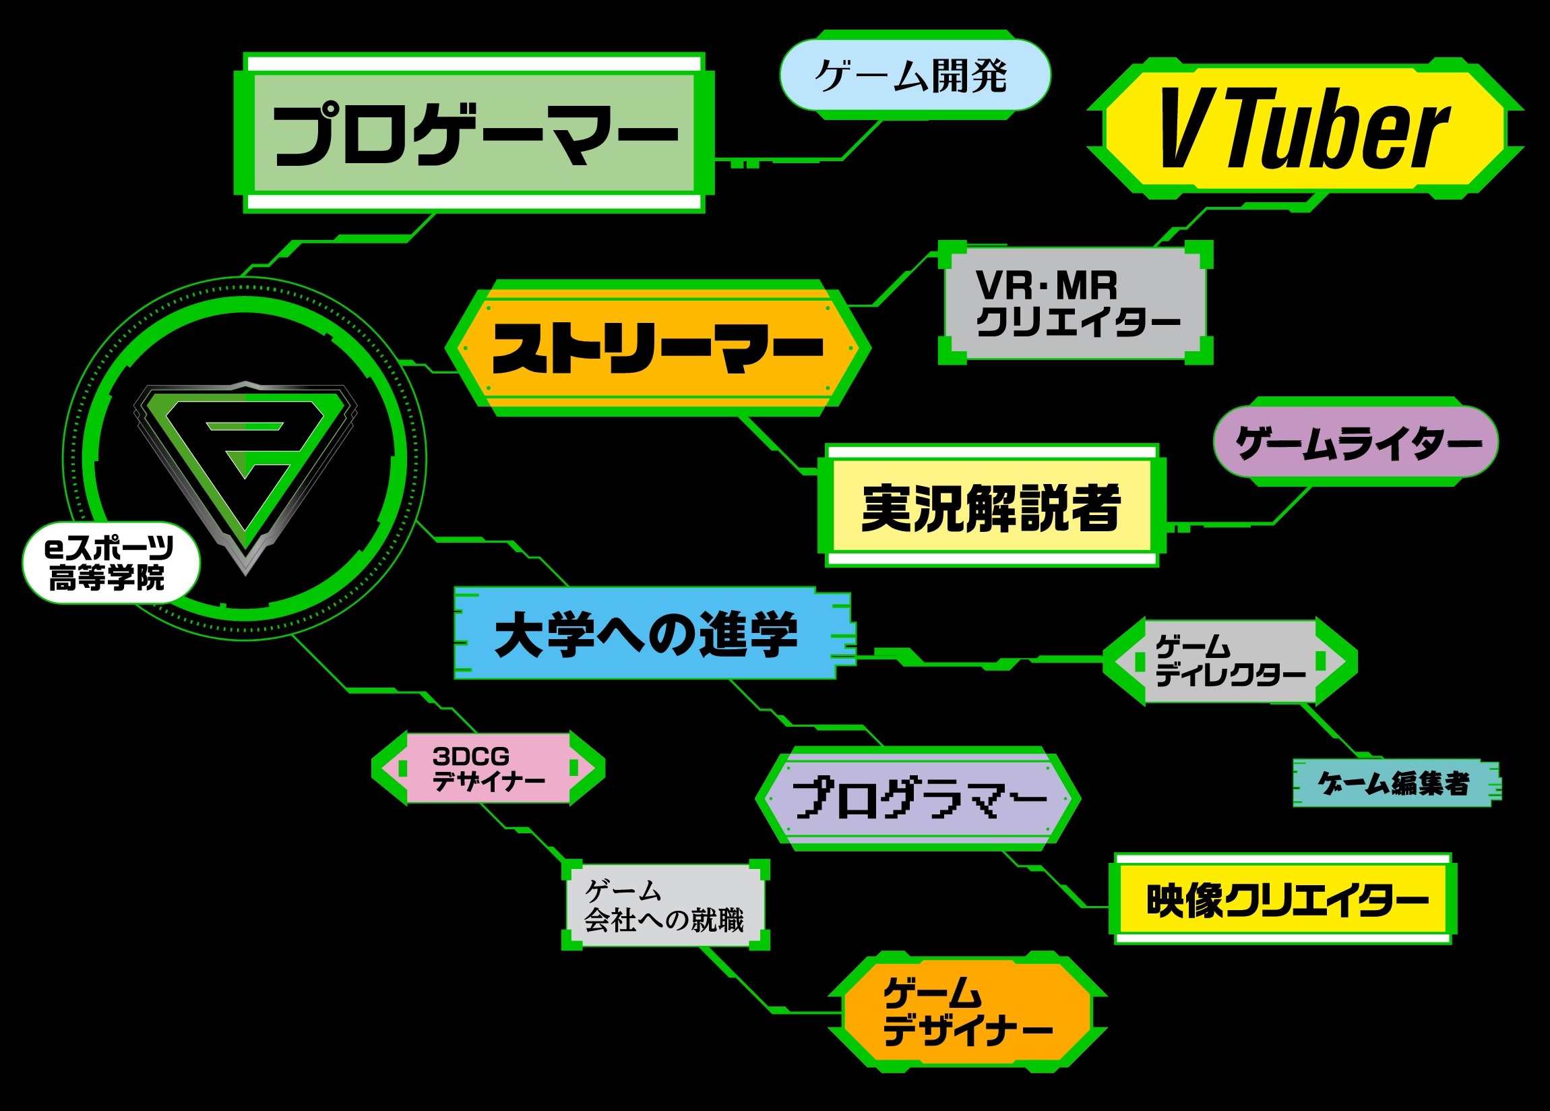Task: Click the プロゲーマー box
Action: click(x=474, y=133)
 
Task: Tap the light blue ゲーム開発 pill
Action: click(x=914, y=76)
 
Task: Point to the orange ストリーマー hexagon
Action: click(x=658, y=348)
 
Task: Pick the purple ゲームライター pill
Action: click(x=1356, y=443)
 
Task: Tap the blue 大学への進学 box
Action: click(x=646, y=634)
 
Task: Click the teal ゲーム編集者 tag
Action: click(x=1394, y=783)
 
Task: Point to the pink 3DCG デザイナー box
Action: click(x=488, y=769)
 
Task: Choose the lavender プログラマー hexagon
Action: click(x=917, y=799)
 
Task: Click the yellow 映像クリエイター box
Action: click(x=1283, y=900)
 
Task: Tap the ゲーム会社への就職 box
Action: click(x=664, y=906)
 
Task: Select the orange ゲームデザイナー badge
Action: click(x=966, y=1013)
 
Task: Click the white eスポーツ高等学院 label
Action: click(x=109, y=563)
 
